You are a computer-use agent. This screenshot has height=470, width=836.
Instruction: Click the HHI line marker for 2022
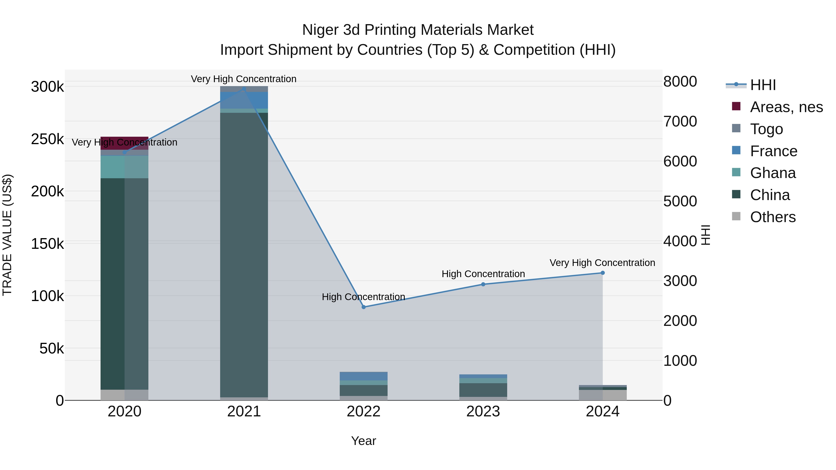(x=363, y=307)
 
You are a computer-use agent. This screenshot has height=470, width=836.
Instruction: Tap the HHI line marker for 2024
(x=603, y=273)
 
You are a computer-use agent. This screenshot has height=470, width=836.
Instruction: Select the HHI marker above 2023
(x=483, y=284)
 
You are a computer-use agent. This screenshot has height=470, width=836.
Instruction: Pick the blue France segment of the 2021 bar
(x=244, y=100)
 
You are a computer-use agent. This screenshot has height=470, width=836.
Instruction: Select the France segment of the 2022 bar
(x=363, y=376)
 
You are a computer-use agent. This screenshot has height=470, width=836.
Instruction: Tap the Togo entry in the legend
(x=766, y=129)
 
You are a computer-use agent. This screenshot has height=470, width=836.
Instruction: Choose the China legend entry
(x=770, y=195)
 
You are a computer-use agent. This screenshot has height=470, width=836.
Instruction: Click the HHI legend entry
(x=763, y=85)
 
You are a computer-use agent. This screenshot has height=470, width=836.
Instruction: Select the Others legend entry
(x=772, y=217)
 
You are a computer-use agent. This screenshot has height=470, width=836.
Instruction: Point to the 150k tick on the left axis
(x=47, y=244)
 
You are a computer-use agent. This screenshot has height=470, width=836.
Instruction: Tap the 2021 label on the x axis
(x=244, y=411)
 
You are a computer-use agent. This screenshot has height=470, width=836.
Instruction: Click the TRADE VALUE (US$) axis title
(x=7, y=235)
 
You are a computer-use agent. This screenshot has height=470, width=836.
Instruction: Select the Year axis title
(x=363, y=441)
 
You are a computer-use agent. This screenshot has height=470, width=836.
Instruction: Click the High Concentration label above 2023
(x=483, y=274)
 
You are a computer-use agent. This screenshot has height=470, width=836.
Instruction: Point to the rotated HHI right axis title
(x=705, y=235)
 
